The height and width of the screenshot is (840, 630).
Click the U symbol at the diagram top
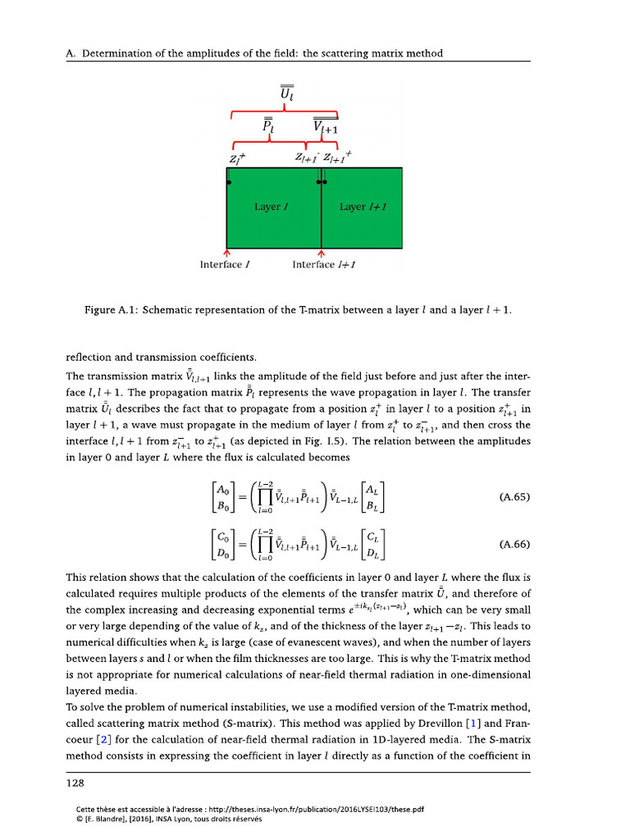(286, 95)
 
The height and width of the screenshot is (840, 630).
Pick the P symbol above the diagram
(268, 127)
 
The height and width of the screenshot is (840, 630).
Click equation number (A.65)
(514, 497)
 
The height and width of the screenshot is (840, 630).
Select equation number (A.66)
(514, 544)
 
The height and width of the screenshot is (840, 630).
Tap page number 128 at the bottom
(76, 783)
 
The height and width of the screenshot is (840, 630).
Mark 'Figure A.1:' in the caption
(112, 311)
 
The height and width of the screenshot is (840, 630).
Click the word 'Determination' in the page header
(113, 53)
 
